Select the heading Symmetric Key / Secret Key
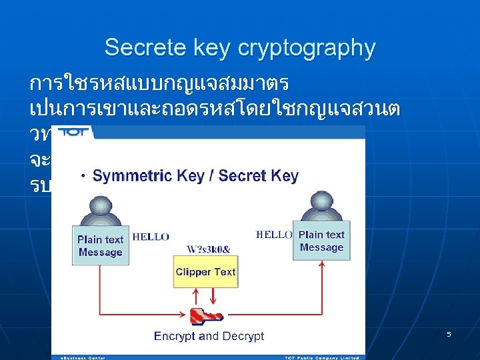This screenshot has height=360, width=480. coord(195,176)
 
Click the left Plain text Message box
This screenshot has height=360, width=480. coord(100,245)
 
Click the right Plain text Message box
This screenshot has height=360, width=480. coord(321,241)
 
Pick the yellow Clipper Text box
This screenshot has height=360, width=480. coord(205,272)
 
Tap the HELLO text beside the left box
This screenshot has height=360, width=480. coord(151,237)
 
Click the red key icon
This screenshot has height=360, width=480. coord(205,315)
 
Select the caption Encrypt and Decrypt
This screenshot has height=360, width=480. coord(209,336)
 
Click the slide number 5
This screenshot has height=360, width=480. coord(449,333)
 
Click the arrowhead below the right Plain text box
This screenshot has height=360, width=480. coord(321,264)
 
